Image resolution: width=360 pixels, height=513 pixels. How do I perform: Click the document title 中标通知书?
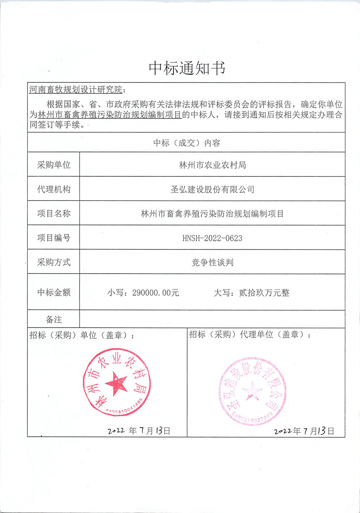pyautogui.click(x=187, y=68)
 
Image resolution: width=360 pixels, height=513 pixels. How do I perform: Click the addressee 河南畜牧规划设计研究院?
pyautogui.click(x=75, y=89)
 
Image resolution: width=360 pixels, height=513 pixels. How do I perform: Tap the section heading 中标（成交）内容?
pyautogui.click(x=186, y=143)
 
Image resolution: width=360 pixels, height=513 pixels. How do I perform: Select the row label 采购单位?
pyautogui.click(x=54, y=165)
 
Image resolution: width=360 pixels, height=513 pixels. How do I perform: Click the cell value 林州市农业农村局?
pyautogui.click(x=212, y=165)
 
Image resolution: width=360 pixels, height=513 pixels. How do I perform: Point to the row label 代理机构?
pyautogui.click(x=54, y=189)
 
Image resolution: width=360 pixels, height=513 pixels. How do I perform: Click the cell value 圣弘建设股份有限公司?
pyautogui.click(x=212, y=189)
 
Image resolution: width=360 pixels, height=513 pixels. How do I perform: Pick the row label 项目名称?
pyautogui.click(x=54, y=213)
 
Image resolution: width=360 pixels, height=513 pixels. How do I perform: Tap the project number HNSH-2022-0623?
pyautogui.click(x=212, y=238)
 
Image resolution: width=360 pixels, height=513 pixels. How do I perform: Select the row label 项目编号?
pyautogui.click(x=54, y=238)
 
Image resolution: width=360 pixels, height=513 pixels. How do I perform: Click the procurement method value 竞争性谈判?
pyautogui.click(x=212, y=262)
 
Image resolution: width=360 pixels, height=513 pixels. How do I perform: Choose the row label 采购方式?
pyautogui.click(x=54, y=262)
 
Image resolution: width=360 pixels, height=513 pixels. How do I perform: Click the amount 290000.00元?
pyautogui.click(x=156, y=293)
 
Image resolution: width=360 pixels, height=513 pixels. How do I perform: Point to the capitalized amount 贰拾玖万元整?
pyautogui.click(x=264, y=293)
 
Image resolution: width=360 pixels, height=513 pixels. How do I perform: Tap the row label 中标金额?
pyautogui.click(x=54, y=292)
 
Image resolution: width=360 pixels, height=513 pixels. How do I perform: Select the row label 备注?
pyautogui.click(x=54, y=319)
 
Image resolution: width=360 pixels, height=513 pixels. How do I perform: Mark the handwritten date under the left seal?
pyautogui.click(x=139, y=430)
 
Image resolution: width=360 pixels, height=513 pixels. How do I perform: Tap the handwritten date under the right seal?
pyautogui.click(x=304, y=431)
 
